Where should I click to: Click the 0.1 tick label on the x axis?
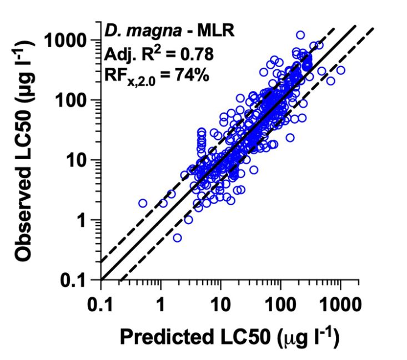101,305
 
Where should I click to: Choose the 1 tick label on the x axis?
161,305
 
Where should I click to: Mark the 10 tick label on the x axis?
221,305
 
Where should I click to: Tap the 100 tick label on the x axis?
281,305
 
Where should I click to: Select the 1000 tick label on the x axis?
340,305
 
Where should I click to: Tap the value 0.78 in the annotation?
192,54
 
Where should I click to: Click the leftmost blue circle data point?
143,203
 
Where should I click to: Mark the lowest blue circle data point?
177,237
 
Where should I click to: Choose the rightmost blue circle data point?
340,70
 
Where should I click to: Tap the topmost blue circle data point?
300,35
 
